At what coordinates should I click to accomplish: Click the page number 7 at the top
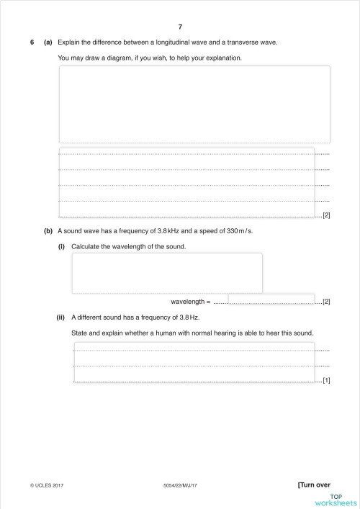(x=180, y=27)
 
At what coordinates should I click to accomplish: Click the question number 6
(x=32, y=42)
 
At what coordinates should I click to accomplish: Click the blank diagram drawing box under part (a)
(x=194, y=104)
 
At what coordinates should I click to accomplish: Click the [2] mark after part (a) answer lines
(x=325, y=215)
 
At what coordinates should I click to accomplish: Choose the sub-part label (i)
(x=61, y=247)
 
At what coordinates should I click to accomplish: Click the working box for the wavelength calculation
(x=167, y=273)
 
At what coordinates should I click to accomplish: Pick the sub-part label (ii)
(x=61, y=317)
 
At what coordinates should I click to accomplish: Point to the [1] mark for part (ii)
(x=325, y=380)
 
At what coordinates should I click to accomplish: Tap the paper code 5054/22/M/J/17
(x=180, y=486)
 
